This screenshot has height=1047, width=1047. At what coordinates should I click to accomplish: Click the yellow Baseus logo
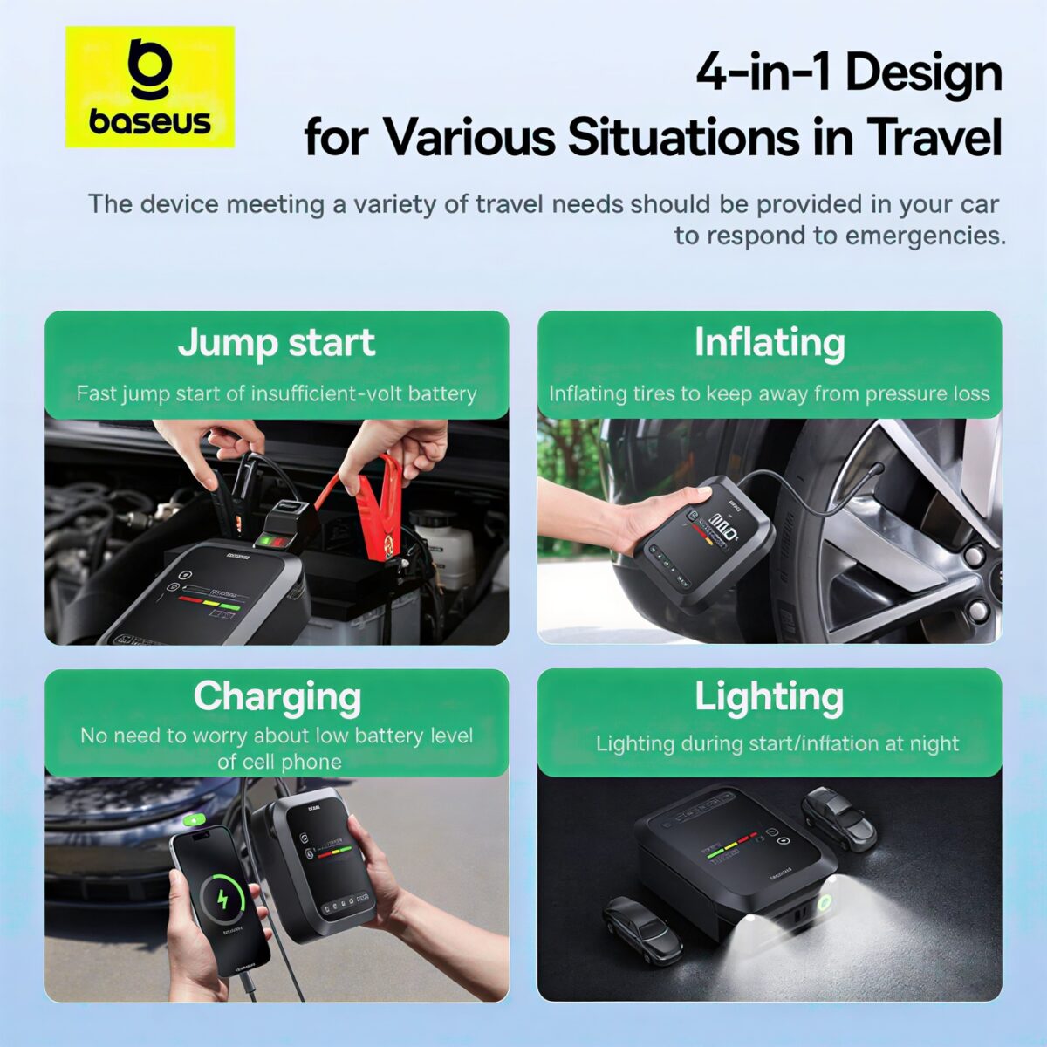click(150, 86)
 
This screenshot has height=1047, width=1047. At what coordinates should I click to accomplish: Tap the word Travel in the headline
click(934, 137)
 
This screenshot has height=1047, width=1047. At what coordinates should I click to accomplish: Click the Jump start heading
click(277, 343)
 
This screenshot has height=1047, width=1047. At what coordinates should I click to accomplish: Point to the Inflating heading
click(770, 343)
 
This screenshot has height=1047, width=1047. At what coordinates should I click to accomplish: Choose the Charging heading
click(277, 696)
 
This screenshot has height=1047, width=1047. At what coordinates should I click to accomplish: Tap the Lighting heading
click(770, 696)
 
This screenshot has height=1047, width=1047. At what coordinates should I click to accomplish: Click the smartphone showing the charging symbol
click(220, 899)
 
